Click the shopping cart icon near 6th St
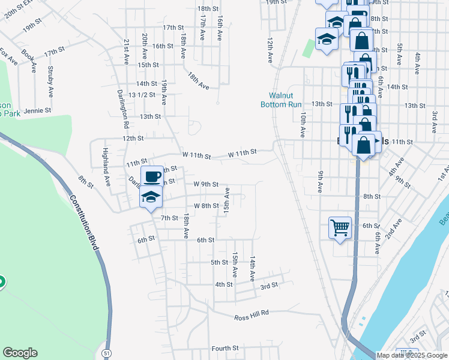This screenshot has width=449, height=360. (340, 227)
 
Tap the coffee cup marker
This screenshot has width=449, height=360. (152, 176)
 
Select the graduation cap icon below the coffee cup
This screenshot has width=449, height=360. (151, 196)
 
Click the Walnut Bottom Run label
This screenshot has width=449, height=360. (280, 100)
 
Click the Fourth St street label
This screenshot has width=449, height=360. (225, 348)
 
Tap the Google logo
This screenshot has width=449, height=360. (20, 353)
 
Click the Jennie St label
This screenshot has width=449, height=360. (38, 110)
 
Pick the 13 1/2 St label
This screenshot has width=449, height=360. (143, 94)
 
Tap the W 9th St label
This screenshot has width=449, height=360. (205, 184)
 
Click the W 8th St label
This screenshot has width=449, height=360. (205, 205)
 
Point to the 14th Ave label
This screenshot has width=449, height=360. (252, 266)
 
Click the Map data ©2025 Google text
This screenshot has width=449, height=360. (411, 355)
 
